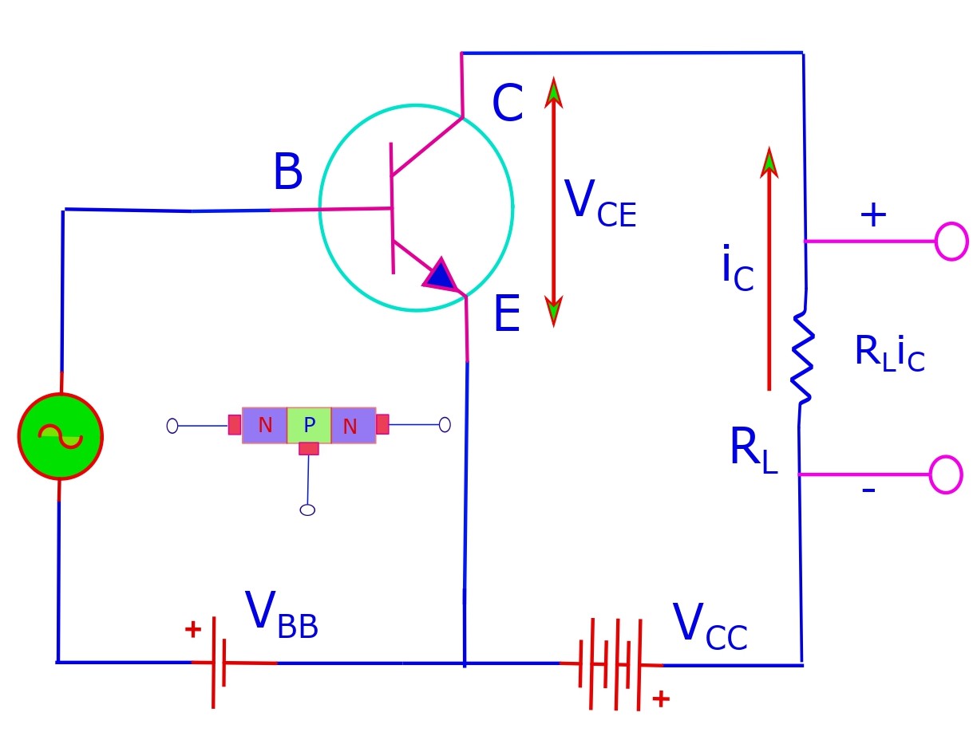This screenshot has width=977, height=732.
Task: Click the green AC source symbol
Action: [x=60, y=436]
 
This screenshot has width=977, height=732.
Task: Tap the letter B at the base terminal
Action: [x=287, y=173]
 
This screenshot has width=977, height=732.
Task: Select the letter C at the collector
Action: [x=507, y=104]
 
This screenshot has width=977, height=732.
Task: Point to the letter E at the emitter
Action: [x=507, y=315]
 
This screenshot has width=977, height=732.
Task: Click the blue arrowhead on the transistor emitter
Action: [x=440, y=274]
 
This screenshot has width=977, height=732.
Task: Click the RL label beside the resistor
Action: [x=753, y=451]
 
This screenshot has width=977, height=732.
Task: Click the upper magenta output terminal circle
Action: [x=951, y=241]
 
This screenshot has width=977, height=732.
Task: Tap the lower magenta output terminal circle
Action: [x=946, y=474]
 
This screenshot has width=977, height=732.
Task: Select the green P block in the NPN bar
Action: [x=309, y=426]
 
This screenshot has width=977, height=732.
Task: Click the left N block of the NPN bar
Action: [x=264, y=426]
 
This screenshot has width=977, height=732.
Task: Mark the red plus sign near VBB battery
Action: [x=192, y=630]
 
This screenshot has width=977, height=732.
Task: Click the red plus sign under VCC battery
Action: [x=660, y=699]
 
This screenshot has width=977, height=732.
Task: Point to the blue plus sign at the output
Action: [x=872, y=215]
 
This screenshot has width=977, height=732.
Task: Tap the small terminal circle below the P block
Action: [x=307, y=510]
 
